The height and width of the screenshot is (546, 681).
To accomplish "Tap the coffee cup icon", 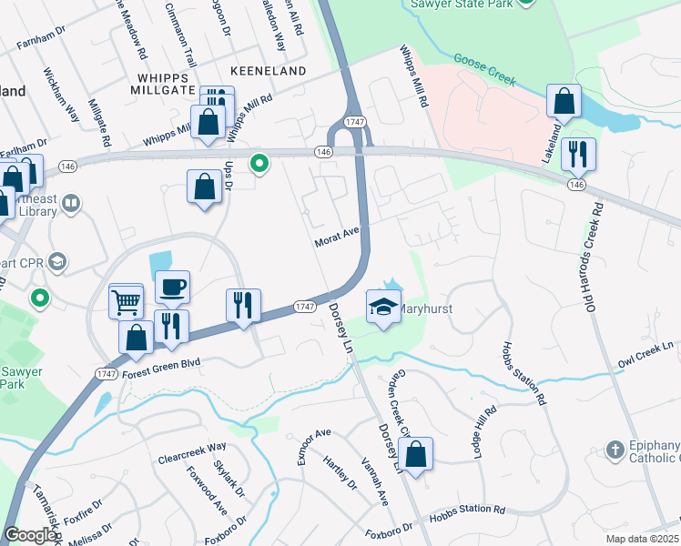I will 172,288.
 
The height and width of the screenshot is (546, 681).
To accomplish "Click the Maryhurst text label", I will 426,309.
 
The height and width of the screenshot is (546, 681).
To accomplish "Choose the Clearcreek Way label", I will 191,447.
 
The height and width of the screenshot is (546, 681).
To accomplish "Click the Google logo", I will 30,535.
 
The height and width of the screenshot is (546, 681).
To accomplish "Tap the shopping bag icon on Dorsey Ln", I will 415,455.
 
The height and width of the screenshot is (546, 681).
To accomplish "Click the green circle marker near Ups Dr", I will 259,164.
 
